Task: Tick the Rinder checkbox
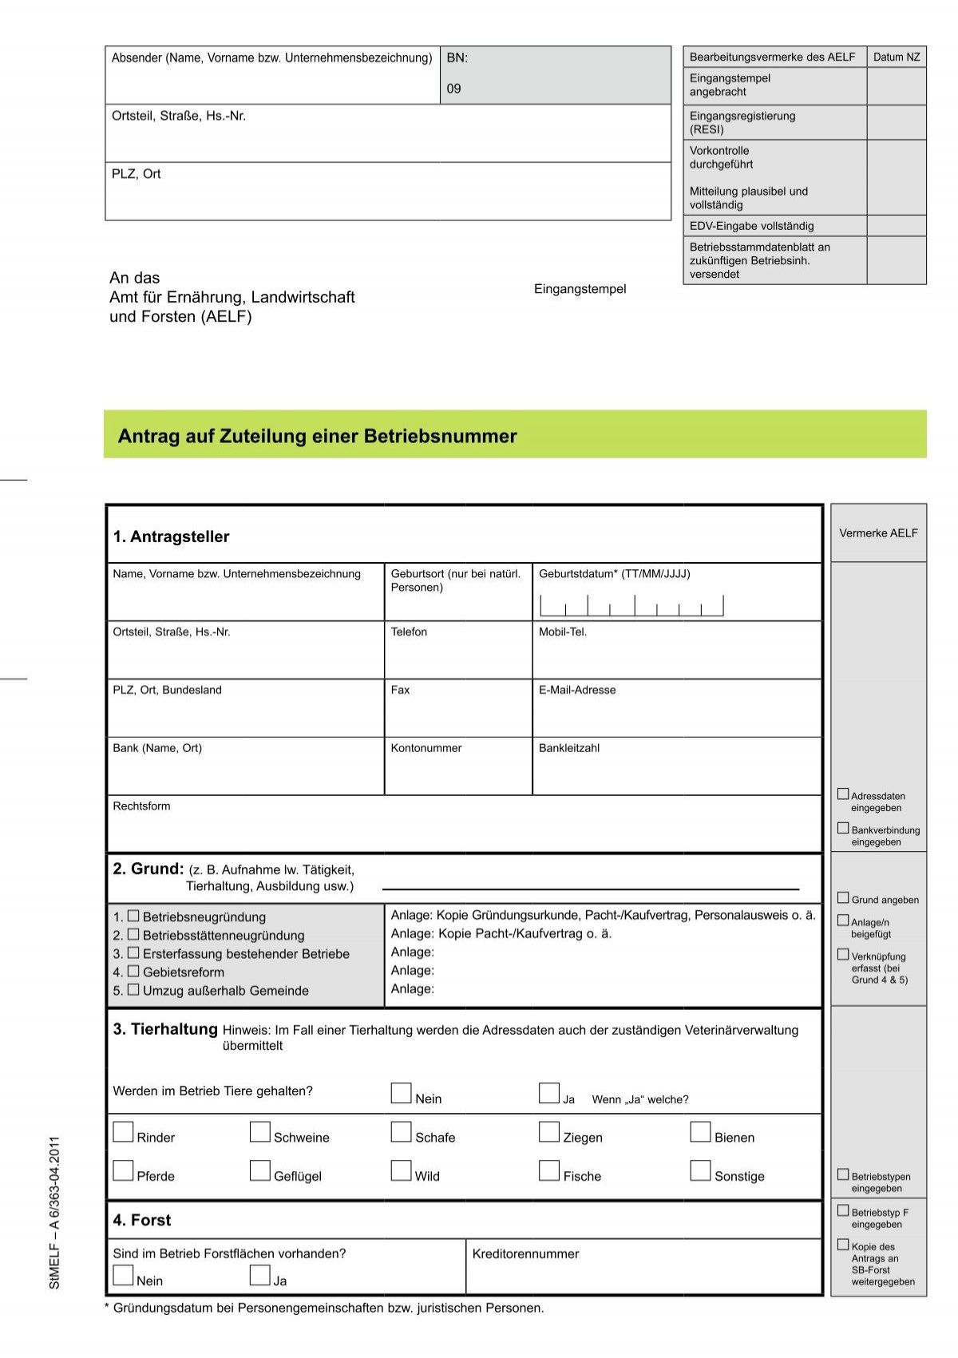(x=123, y=1132)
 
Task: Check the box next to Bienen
(x=700, y=1132)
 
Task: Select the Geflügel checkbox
(x=259, y=1170)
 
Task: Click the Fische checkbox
(x=548, y=1170)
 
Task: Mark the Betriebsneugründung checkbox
(x=133, y=917)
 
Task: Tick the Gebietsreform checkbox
(x=133, y=972)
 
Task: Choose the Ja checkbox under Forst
(x=259, y=1275)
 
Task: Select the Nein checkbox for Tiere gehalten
(x=401, y=1093)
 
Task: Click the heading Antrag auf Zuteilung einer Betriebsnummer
(x=317, y=436)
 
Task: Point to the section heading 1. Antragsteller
(x=171, y=536)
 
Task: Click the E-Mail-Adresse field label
(x=577, y=690)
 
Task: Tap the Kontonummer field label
(x=426, y=748)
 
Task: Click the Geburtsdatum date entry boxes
(x=631, y=606)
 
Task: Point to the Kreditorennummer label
(x=525, y=1253)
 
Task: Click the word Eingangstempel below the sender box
(x=580, y=289)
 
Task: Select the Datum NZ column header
(x=896, y=57)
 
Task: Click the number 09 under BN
(x=453, y=89)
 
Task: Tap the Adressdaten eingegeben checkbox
(x=843, y=794)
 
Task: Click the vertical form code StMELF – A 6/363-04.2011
(x=54, y=1212)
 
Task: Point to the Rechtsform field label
(x=141, y=806)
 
